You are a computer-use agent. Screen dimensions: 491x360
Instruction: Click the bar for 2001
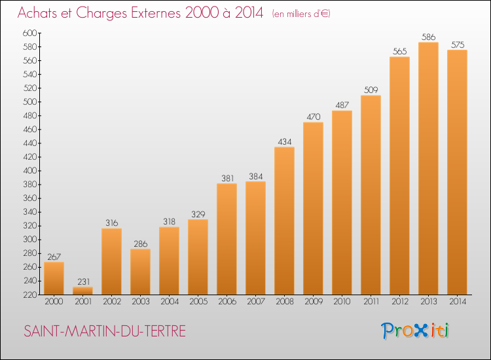click(x=82, y=291)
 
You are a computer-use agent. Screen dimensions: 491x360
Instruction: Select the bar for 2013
click(x=428, y=168)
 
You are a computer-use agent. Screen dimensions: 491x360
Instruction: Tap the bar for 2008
click(x=284, y=221)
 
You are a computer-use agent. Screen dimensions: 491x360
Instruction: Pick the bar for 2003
click(x=140, y=272)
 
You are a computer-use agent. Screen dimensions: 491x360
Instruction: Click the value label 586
click(x=428, y=37)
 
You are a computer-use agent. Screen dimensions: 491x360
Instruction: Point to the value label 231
click(x=83, y=281)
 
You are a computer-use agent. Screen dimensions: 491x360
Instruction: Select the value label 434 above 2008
click(x=285, y=142)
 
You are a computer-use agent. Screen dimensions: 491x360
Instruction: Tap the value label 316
click(x=111, y=223)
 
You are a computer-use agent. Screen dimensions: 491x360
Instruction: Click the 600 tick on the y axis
click(x=29, y=33)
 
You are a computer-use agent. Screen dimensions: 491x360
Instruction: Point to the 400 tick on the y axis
click(x=29, y=171)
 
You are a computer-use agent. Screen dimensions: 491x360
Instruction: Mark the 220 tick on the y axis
click(x=29, y=295)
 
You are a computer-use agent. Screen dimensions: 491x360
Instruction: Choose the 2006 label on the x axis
click(x=227, y=302)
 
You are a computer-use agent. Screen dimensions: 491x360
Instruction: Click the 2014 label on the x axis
click(x=458, y=302)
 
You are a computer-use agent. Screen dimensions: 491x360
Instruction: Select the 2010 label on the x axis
click(x=342, y=302)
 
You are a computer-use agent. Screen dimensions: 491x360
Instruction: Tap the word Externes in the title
click(x=156, y=13)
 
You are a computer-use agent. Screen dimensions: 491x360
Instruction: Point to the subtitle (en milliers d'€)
click(x=301, y=14)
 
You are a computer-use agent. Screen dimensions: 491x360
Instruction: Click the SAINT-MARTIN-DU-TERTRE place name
click(x=105, y=331)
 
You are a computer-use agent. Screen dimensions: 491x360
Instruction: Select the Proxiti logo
click(x=415, y=331)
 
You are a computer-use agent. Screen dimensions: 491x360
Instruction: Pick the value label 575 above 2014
click(x=458, y=45)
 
